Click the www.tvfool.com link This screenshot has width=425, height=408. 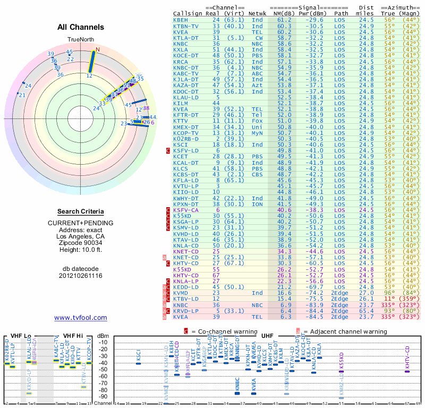(80, 318)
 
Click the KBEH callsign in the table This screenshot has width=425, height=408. (181, 20)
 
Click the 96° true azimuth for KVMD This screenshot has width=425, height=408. (390, 293)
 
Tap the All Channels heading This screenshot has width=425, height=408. (80, 27)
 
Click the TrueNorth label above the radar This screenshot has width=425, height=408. (80, 40)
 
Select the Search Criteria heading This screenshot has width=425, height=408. (80, 211)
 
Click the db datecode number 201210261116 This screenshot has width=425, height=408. (80, 276)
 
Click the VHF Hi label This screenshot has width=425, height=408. (71, 335)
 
